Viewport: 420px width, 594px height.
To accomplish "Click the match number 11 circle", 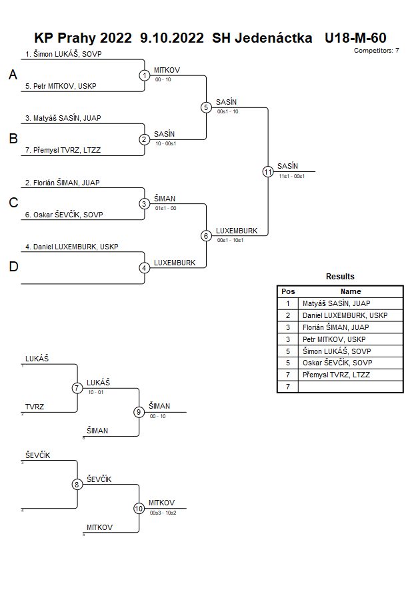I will (x=268, y=171).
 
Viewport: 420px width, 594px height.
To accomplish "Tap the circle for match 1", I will (x=145, y=75).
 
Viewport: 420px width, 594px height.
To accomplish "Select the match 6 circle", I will (x=206, y=236).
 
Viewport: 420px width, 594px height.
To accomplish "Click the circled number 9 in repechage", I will (x=139, y=412).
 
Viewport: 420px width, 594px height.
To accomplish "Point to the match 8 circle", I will (x=77, y=485).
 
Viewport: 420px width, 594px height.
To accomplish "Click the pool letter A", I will (x=13, y=75).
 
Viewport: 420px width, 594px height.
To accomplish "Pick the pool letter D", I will (x=13, y=267).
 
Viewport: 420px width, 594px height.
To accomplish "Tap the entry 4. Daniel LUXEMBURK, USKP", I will (x=71, y=247).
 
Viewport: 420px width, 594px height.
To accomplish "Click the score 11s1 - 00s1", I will (x=291, y=176).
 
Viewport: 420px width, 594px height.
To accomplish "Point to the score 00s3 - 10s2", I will (x=163, y=513).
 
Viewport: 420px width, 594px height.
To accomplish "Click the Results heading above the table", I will (x=340, y=277).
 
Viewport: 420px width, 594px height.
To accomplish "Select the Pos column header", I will (x=288, y=291).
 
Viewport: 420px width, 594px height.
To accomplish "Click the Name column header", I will (x=351, y=291).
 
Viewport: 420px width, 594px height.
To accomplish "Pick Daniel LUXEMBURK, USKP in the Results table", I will (x=345, y=315).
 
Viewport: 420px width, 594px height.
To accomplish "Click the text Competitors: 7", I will (x=377, y=51).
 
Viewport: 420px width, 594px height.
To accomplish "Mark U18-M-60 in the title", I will (x=355, y=38).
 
